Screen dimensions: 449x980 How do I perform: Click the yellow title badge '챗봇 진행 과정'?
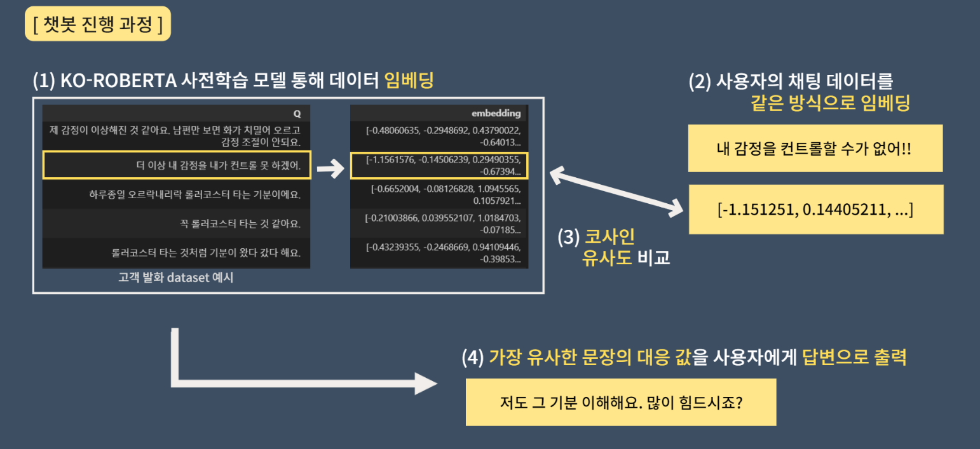tap(98, 24)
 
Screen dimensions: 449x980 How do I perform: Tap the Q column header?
tap(297, 114)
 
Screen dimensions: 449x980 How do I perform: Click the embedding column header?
tap(496, 114)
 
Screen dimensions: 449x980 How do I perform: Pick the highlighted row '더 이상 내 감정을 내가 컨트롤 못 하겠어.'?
tap(176, 165)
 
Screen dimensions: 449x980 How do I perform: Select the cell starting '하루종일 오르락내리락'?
tap(176, 194)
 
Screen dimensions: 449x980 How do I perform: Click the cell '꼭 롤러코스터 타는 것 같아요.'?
tap(176, 224)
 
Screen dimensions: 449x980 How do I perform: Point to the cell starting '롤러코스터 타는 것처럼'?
tap(176, 253)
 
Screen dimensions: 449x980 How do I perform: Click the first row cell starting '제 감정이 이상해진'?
tap(176, 136)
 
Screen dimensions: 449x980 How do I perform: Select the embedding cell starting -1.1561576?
tap(439, 165)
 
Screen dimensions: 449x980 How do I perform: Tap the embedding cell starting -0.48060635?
tap(439, 136)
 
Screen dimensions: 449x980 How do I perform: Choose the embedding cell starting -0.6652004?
tap(439, 194)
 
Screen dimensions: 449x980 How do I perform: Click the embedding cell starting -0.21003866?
tap(439, 224)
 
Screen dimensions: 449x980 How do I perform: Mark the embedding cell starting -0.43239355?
tap(439, 253)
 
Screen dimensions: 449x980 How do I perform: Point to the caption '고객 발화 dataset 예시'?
tap(176, 278)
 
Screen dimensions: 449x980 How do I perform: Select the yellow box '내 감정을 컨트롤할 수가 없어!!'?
tap(815, 149)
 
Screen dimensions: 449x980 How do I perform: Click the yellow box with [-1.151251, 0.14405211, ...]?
tap(815, 210)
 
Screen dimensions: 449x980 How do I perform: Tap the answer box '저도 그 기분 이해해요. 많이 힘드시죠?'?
tap(620, 402)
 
